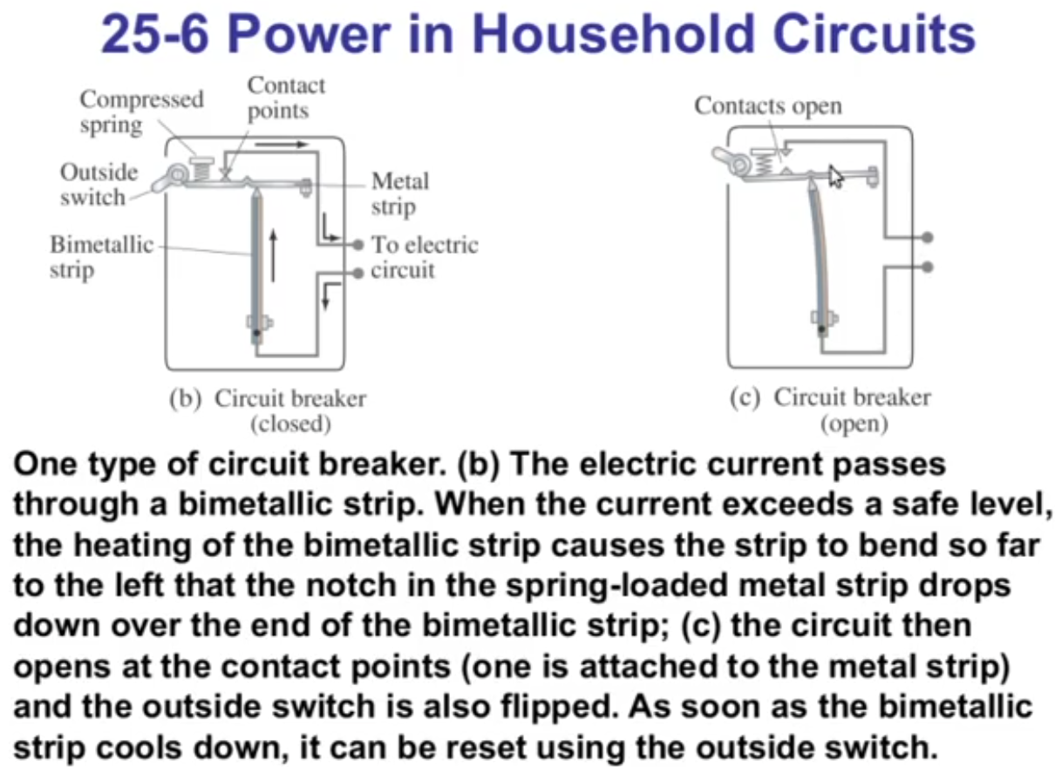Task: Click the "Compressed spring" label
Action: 142,112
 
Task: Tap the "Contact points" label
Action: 286,98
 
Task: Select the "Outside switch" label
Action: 99,184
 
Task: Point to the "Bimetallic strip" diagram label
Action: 102,257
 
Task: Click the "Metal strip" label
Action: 400,193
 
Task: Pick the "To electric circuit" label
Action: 425,257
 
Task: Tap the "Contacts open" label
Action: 768,106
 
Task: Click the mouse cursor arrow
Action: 835,176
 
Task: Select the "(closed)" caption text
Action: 290,424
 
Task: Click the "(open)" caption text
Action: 854,424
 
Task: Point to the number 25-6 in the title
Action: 154,34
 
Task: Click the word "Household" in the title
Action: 613,34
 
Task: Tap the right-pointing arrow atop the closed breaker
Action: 282,144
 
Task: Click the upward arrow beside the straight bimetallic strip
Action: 273,256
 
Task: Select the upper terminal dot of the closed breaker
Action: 359,244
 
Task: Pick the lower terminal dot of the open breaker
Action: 928,268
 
